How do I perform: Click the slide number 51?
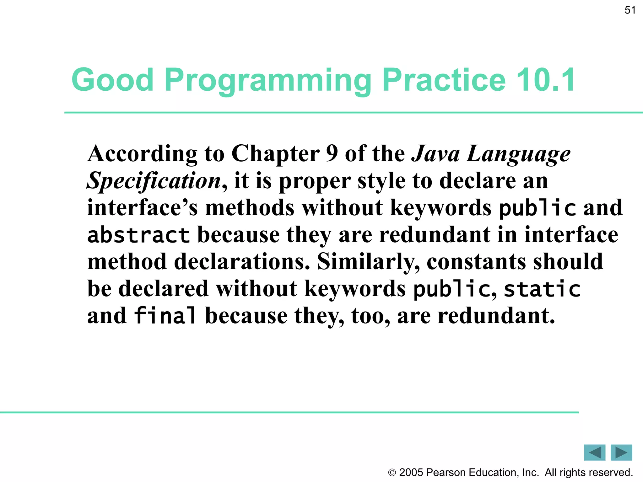point(630,10)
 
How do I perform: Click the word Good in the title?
point(112,80)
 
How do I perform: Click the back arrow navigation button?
point(594,453)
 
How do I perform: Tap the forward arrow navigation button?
point(621,453)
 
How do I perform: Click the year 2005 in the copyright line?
point(411,472)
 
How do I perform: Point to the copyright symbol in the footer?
point(392,473)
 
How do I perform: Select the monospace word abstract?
point(138,235)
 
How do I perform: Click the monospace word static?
point(542,289)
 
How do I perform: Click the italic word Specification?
point(154,181)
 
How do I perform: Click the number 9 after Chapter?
point(332,154)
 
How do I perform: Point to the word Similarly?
point(368,262)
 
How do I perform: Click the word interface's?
point(142,208)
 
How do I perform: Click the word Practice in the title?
point(444,80)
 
